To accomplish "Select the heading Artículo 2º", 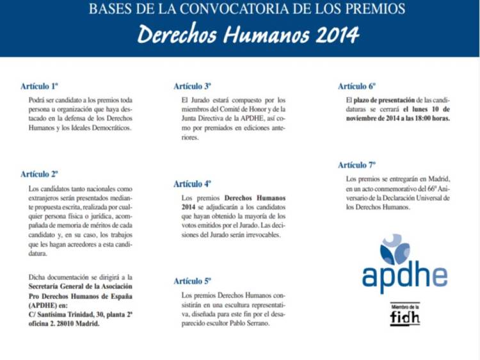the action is click(x=40, y=174).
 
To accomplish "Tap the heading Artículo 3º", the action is click(x=193, y=86).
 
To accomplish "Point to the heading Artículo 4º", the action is click(x=193, y=184).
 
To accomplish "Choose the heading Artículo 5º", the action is click(x=193, y=281).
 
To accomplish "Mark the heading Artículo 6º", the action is click(x=357, y=86).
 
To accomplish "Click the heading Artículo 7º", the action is click(x=357, y=165).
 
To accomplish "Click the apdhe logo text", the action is click(x=404, y=275).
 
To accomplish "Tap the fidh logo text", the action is click(x=404, y=318).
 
